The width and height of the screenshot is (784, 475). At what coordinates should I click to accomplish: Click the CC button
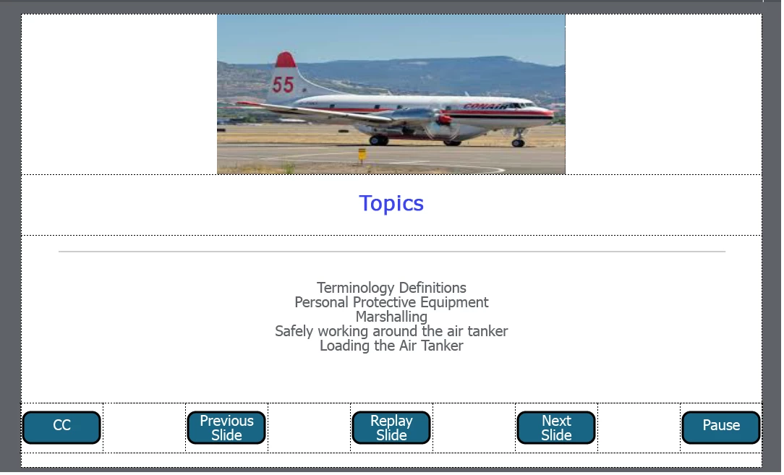pos(61,427)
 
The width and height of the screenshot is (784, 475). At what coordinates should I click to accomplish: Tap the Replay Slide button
pos(391,427)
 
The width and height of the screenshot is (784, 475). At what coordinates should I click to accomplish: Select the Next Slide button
pos(556,427)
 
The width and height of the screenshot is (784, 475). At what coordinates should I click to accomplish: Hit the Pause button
pos(721,427)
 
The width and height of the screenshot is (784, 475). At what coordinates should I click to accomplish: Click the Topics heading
pos(391,203)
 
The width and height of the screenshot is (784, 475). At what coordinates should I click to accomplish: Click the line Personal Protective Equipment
pos(391,302)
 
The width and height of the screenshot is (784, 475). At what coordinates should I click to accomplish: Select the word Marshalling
pos(391,317)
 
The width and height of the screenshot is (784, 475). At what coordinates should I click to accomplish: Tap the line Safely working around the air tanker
pos(391,331)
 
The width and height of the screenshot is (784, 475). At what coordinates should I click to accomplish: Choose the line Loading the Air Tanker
pos(391,346)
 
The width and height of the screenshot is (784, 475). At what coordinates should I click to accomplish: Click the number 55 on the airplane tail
pos(283,85)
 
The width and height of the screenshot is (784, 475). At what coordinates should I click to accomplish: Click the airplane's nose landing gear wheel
pos(518,143)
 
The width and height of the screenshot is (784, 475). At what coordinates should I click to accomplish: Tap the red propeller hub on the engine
pos(444,119)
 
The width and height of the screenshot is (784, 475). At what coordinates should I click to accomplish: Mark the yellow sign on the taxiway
pos(362,154)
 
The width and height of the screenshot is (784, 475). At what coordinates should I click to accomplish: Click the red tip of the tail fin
pos(286,59)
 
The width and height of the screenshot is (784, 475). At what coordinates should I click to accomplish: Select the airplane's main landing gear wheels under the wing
pos(378,140)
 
